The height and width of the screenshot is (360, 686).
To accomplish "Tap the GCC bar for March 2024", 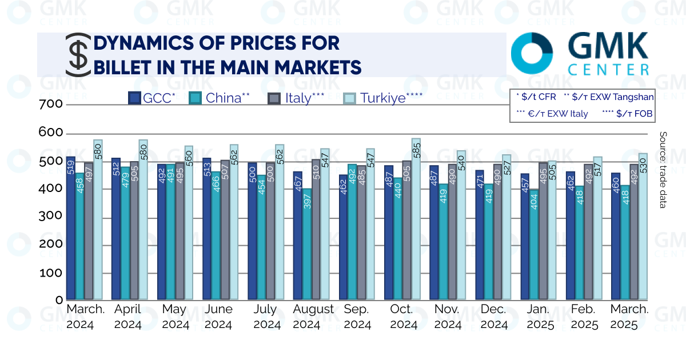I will coord(71,228).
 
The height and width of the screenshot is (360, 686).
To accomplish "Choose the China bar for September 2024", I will coord(352,232).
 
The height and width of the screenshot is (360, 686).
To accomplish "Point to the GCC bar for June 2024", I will coord(207,229).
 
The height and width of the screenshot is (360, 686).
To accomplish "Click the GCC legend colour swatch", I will coord(135,98).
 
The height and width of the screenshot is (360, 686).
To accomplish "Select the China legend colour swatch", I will coord(195,98).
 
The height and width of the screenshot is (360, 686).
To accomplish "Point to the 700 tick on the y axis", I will coord(50,105).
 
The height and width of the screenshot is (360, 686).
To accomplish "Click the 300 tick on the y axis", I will coord(50,217).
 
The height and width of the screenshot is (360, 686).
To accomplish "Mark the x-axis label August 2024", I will coord(313,317).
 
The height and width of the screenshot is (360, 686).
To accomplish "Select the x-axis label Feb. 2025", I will coord(583,317).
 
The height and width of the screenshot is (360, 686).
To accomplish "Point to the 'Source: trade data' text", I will coord(663,170).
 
